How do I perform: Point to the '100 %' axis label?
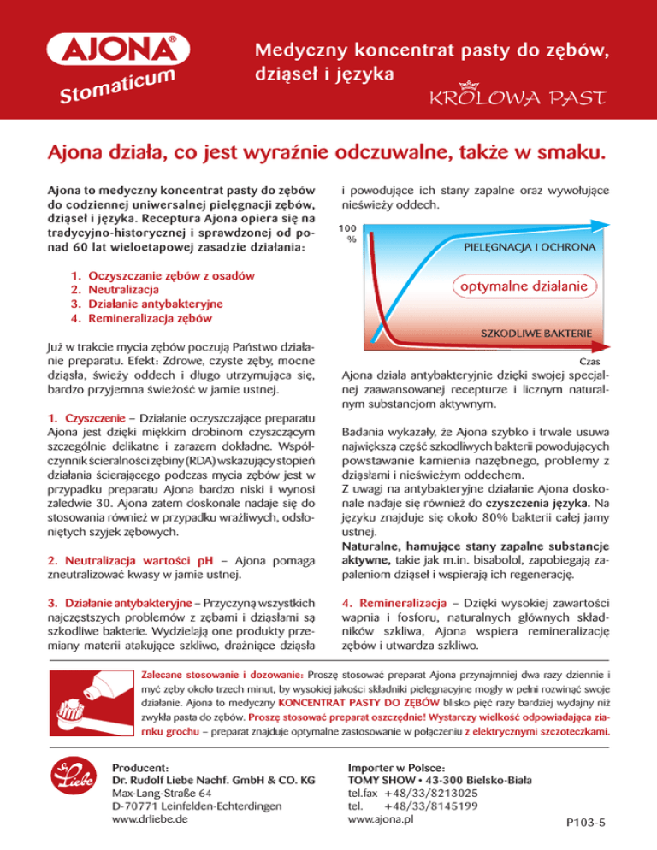[346, 233]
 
